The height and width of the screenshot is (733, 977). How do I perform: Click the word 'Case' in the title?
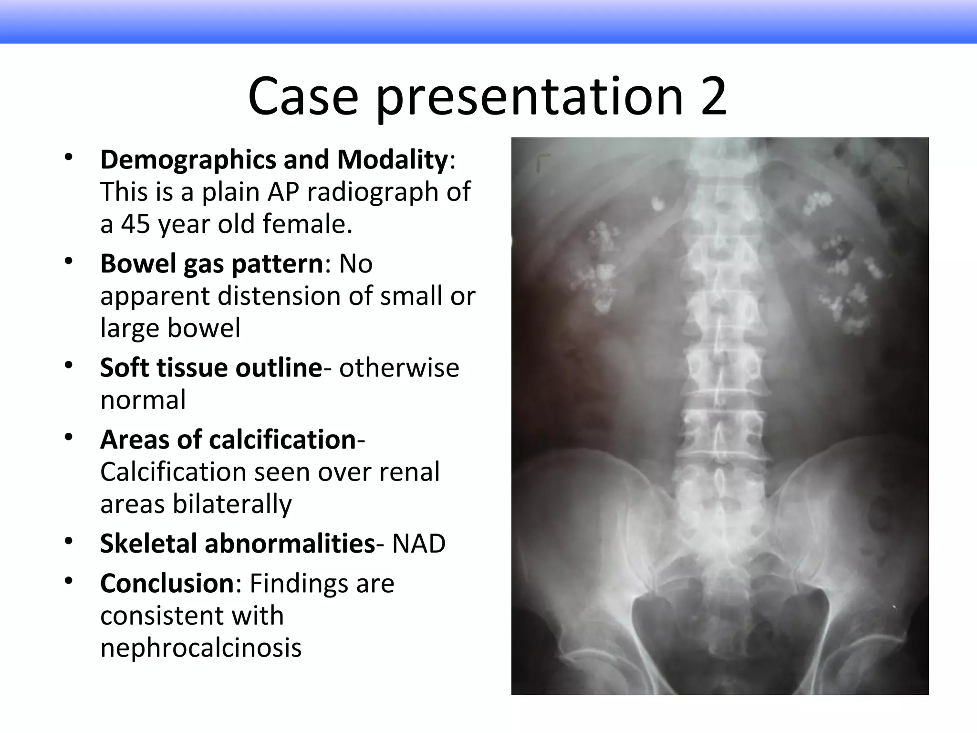(x=303, y=97)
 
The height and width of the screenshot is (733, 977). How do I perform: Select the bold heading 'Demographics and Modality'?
(x=274, y=159)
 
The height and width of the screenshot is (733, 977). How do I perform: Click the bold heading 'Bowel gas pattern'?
(x=212, y=263)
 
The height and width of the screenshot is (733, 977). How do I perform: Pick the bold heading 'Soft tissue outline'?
(x=211, y=368)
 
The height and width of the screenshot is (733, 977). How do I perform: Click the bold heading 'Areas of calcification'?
(x=228, y=440)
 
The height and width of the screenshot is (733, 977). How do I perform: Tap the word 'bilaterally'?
(x=232, y=504)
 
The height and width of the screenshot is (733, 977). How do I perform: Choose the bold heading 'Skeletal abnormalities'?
(x=238, y=544)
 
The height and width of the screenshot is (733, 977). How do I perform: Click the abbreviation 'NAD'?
(x=419, y=544)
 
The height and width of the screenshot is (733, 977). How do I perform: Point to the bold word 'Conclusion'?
(x=167, y=583)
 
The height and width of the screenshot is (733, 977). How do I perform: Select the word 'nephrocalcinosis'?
(x=201, y=648)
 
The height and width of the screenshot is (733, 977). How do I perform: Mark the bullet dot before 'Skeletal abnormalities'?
(x=69, y=541)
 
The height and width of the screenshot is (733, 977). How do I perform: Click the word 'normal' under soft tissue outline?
(x=143, y=400)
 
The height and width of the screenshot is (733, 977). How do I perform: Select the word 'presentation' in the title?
(x=530, y=97)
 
